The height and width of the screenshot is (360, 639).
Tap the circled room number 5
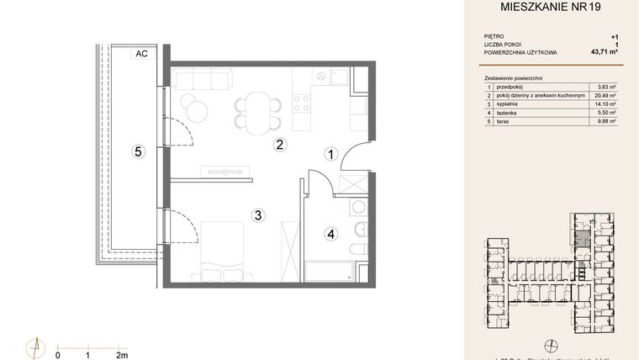coord(139,151)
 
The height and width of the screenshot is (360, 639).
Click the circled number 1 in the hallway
coord(332,154)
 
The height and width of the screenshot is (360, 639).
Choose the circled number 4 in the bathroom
coord(331,234)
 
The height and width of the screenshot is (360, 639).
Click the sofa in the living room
coord(202,80)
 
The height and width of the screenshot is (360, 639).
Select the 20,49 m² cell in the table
coord(605,96)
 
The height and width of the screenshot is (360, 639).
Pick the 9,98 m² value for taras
coord(606,121)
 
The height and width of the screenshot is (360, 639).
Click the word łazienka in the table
coord(509,113)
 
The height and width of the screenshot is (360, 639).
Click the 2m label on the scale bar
coord(121,354)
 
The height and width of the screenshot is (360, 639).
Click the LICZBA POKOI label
coord(506,45)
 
